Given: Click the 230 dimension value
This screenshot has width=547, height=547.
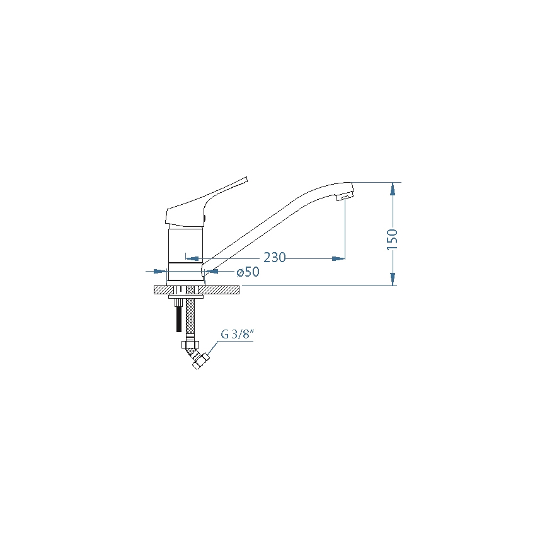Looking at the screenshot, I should point(275,257).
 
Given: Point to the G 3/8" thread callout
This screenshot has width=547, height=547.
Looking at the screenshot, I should point(236,334).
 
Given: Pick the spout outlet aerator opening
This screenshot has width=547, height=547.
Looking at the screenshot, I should point(345,199).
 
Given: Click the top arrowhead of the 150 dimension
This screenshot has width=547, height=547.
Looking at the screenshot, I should point(393,188).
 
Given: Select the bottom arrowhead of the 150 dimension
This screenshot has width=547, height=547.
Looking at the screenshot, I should point(393,280).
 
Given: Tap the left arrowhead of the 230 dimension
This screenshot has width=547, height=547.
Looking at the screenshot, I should point(193,258).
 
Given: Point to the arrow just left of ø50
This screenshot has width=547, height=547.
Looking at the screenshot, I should point(212,272).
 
